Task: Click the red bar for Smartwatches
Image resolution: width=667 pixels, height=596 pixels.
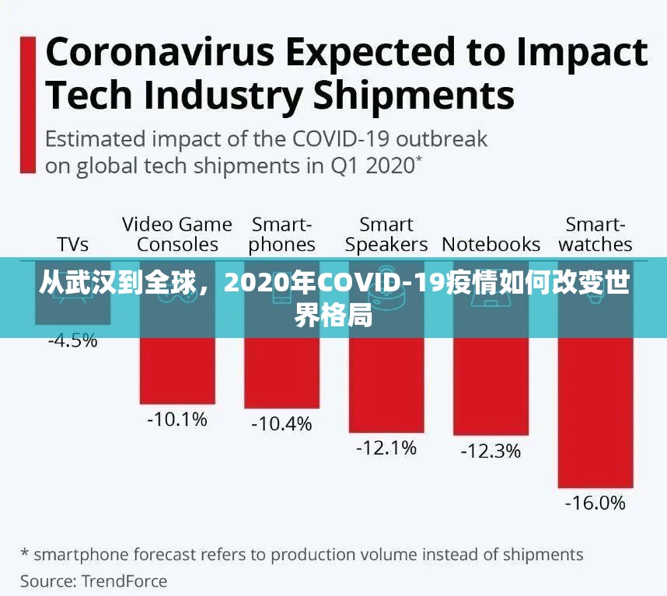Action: [595, 412]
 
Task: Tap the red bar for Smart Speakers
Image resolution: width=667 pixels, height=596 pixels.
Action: [386, 385]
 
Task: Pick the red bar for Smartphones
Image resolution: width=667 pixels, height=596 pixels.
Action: [281, 373]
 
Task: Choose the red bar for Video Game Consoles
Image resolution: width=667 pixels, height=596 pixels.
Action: [177, 371]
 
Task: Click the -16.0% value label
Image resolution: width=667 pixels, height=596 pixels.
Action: [595, 503]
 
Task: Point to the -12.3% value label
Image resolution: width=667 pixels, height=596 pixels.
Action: [491, 451]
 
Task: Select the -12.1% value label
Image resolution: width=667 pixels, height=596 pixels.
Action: [386, 448]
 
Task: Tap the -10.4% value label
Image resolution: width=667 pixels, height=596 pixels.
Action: [281, 423]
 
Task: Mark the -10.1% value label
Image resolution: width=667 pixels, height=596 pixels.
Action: [177, 420]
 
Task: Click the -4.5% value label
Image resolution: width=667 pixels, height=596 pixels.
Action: [73, 340]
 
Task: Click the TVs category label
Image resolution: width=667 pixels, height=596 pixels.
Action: [73, 244]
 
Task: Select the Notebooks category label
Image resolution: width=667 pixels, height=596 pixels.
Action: [491, 244]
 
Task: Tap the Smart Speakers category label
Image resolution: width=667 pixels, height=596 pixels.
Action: [386, 235]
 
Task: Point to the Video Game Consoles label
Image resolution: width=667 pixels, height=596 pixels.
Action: [177, 235]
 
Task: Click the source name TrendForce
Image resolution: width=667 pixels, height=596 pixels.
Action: [124, 580]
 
